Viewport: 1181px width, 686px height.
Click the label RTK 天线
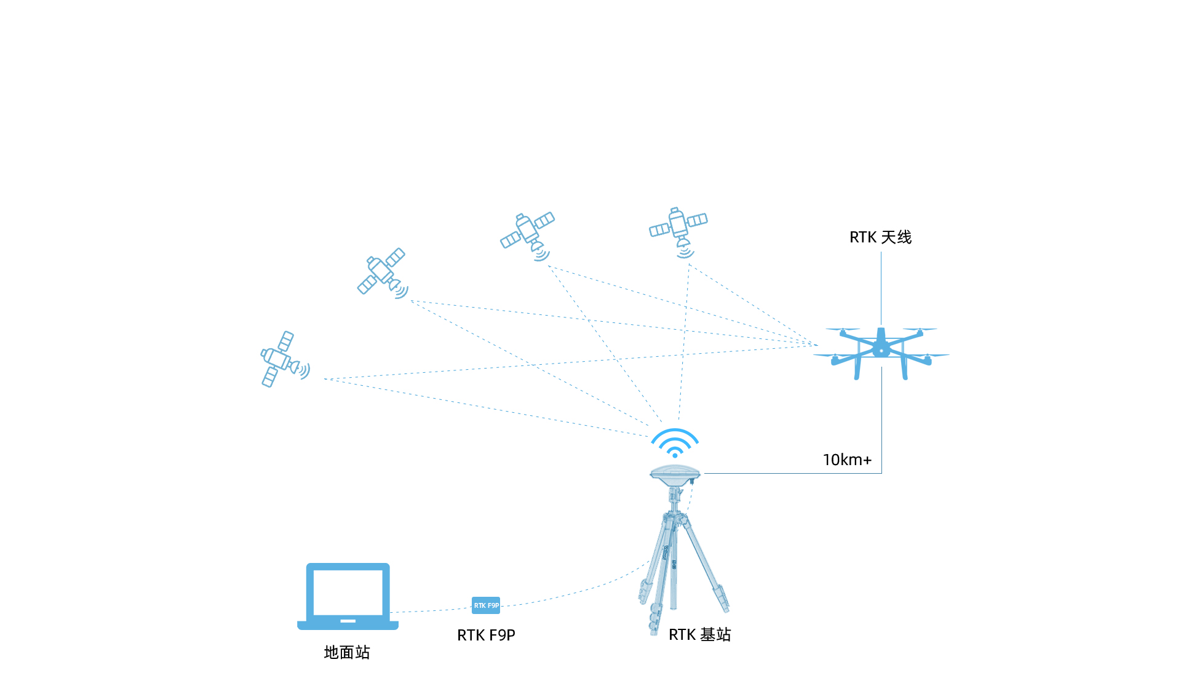880,237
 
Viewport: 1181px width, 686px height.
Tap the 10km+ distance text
847,460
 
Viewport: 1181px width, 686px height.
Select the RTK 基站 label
700,635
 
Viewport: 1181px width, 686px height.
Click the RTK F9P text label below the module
486,636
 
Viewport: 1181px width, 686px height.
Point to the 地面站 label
347,652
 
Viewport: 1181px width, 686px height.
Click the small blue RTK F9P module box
486,605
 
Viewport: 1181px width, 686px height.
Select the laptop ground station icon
348,596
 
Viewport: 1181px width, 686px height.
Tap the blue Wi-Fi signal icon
675,443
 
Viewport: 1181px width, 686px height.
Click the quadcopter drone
881,353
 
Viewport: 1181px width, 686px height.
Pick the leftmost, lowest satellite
285,359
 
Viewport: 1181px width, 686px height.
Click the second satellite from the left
383,273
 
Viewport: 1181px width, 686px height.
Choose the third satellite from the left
528,236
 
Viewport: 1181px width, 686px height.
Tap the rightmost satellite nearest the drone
679,231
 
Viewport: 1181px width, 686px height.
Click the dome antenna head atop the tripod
675,474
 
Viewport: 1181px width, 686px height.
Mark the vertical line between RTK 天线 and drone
881,288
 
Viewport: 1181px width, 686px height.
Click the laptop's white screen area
348,592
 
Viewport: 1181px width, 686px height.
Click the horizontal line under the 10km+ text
793,473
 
